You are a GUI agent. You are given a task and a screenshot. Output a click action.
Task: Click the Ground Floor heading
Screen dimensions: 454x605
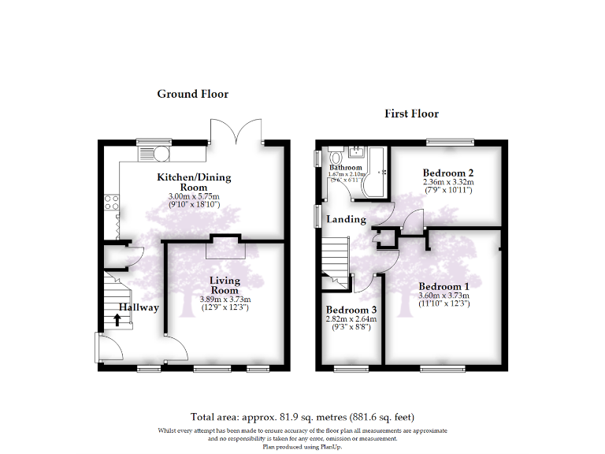pos(192,94)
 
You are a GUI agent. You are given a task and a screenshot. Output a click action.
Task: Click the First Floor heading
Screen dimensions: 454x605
pos(411,113)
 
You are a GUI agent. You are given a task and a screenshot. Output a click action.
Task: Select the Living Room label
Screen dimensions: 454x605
pos(225,285)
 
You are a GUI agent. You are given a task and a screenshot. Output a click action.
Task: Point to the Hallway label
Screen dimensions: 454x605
pos(139,308)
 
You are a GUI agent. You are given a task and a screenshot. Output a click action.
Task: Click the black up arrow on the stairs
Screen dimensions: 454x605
pos(117,319)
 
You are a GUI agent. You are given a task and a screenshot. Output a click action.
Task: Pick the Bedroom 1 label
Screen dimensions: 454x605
pos(444,286)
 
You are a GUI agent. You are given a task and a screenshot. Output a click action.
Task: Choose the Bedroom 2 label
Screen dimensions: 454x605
pos(447,173)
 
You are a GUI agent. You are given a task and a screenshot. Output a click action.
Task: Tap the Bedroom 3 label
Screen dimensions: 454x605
pos(351,311)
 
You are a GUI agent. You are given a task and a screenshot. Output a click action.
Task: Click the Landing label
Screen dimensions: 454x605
pos(347,219)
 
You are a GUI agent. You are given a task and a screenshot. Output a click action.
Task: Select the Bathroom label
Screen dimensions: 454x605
pos(346,168)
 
